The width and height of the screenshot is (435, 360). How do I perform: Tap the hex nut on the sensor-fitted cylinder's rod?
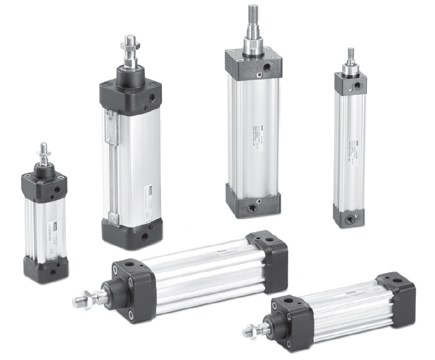click(130, 53)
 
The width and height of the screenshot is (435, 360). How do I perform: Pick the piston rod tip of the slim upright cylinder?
click(350, 54)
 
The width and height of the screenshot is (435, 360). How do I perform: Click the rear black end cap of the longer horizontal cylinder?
click(268, 258)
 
